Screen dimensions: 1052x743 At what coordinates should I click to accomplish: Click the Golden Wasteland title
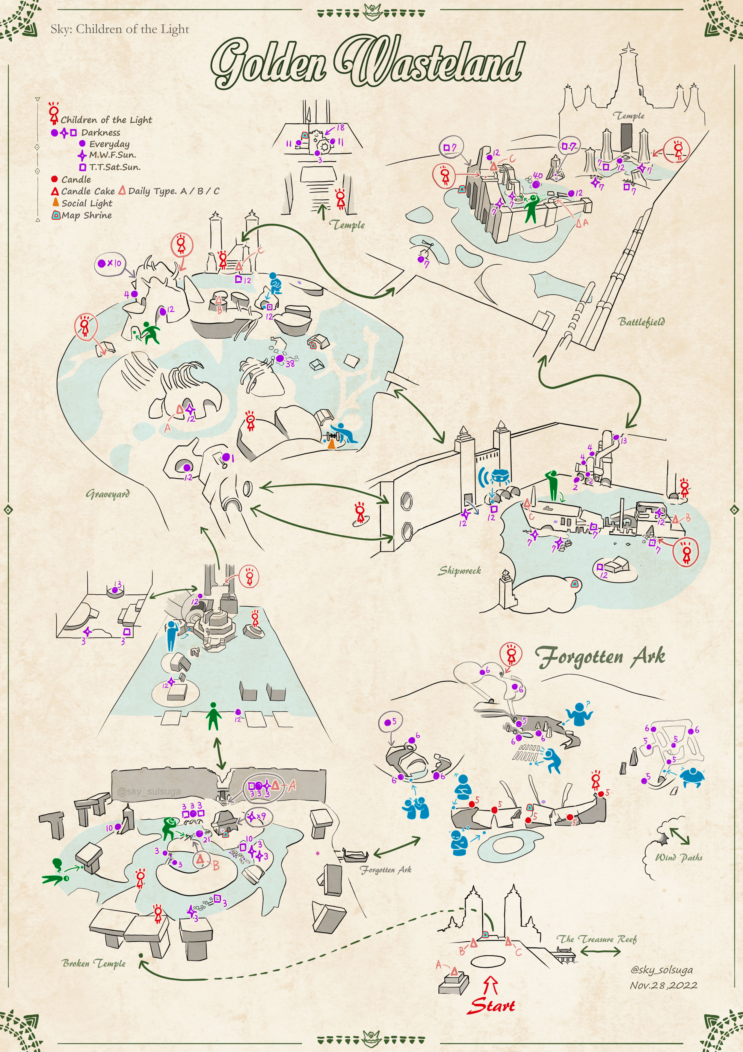tap(366, 62)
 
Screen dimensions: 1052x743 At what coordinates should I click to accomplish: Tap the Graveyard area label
tap(108, 494)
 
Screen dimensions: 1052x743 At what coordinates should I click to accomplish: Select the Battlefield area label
tap(641, 322)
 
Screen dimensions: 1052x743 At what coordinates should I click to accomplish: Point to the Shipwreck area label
tap(460, 570)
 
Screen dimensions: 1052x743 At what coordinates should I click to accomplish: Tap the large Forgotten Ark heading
tap(600, 657)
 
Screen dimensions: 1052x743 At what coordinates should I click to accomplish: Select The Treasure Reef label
tap(596, 939)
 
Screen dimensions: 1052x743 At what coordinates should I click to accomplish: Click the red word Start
tap(492, 1006)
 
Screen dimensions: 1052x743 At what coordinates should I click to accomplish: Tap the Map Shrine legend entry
tap(86, 215)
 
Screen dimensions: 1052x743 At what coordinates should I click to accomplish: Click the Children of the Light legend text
tap(106, 120)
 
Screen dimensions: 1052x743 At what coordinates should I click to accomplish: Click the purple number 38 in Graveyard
tap(290, 363)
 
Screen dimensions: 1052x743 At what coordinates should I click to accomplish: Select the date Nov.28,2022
tap(663, 985)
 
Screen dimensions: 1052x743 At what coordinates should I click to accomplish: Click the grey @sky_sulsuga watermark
tap(149, 791)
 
